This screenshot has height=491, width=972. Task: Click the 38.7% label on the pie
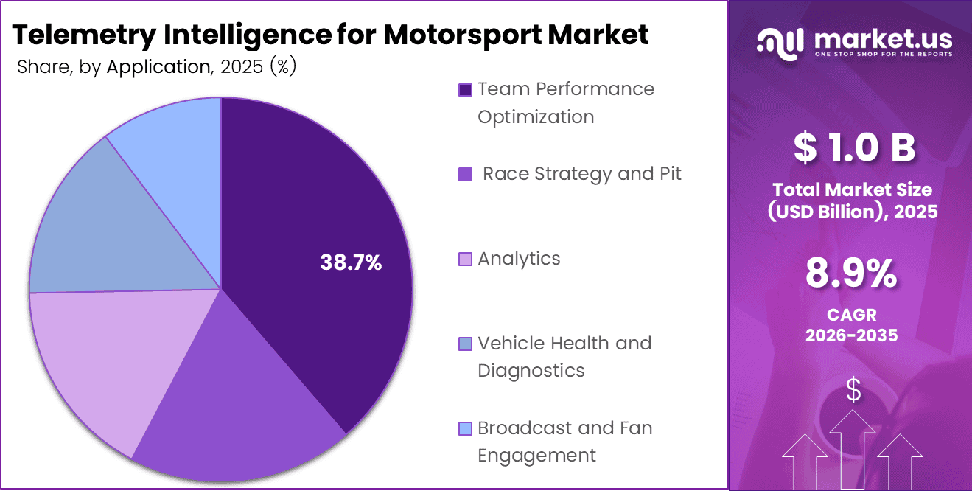(x=351, y=262)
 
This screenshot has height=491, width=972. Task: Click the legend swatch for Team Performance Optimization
(x=465, y=90)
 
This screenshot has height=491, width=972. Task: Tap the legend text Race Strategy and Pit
(x=582, y=174)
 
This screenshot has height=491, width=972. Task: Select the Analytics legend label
(x=519, y=259)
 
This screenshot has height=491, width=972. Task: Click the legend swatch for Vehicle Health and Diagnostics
(x=465, y=344)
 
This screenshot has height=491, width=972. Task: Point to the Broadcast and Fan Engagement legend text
(x=564, y=442)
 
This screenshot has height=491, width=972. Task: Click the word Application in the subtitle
(x=158, y=67)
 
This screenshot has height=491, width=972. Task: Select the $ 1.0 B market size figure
(x=853, y=147)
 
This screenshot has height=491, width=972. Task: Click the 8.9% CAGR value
(x=851, y=274)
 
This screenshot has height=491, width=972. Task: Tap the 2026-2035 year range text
(x=851, y=335)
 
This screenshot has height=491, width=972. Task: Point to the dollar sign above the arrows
(x=853, y=391)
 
